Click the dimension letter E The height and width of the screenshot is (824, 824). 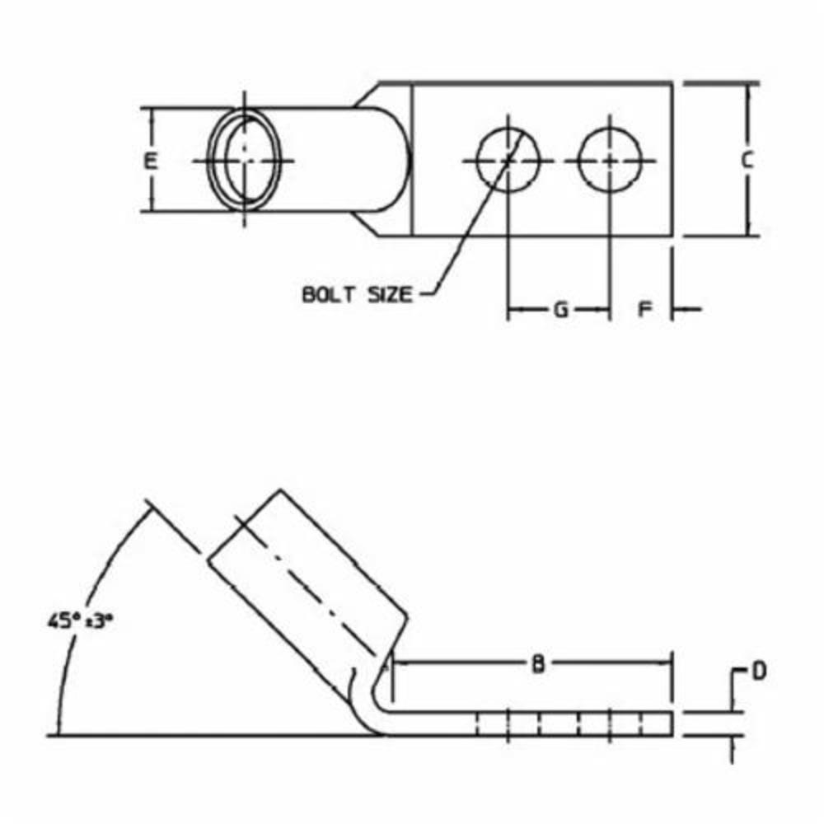click(x=150, y=161)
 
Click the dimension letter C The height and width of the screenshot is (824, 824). click(x=747, y=161)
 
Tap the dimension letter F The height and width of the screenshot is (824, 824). click(x=646, y=310)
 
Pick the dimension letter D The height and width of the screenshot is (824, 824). click(x=758, y=672)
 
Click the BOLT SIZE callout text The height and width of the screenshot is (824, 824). click(x=356, y=294)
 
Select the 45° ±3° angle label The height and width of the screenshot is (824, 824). click(x=80, y=620)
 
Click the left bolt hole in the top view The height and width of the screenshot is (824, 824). click(x=508, y=160)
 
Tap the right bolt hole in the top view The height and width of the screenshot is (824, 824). click(x=610, y=160)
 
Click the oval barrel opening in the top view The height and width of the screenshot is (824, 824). click(x=245, y=160)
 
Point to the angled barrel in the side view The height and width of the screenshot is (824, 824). click(x=305, y=577)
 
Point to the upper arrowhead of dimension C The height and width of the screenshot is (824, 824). click(x=748, y=89)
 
